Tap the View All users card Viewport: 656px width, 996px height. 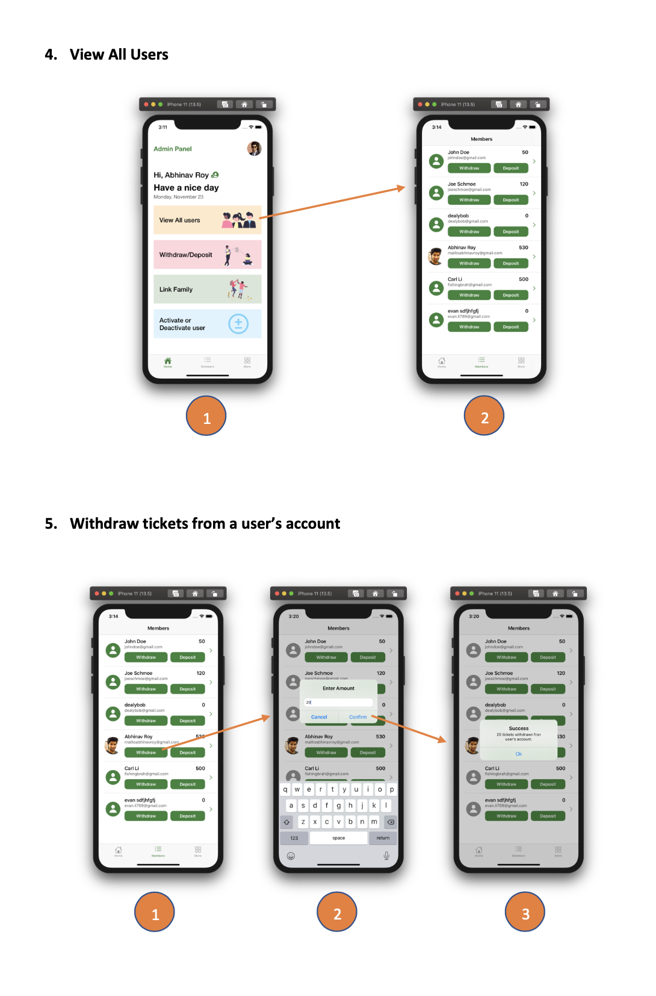pyautogui.click(x=207, y=220)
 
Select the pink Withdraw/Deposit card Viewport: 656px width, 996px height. pyautogui.click(x=207, y=255)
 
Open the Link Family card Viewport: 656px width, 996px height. pyautogui.click(x=207, y=289)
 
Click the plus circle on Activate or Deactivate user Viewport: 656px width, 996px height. pyautogui.click(x=238, y=324)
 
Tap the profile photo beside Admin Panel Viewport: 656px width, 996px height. pyautogui.click(x=254, y=149)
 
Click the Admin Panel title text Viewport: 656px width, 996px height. pyautogui.click(x=173, y=149)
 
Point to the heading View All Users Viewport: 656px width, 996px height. pyautogui.click(x=119, y=55)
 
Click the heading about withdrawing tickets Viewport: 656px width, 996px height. pyautogui.click(x=205, y=524)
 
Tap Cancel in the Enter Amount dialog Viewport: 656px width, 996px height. pyautogui.click(x=319, y=717)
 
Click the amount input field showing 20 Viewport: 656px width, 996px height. pyautogui.click(x=338, y=702)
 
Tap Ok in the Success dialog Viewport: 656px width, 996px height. pyautogui.click(x=519, y=754)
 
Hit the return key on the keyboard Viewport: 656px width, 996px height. pyautogui.click(x=383, y=838)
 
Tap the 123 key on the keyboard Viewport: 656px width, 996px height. pyautogui.click(x=294, y=838)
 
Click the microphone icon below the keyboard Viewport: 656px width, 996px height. pyautogui.click(x=386, y=856)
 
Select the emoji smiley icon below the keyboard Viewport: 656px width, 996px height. pyautogui.click(x=291, y=856)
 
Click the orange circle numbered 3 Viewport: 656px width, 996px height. pyautogui.click(x=525, y=912)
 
